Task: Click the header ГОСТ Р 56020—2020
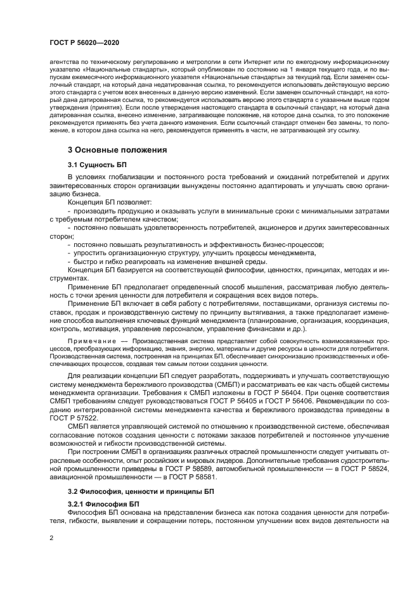(84, 42)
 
